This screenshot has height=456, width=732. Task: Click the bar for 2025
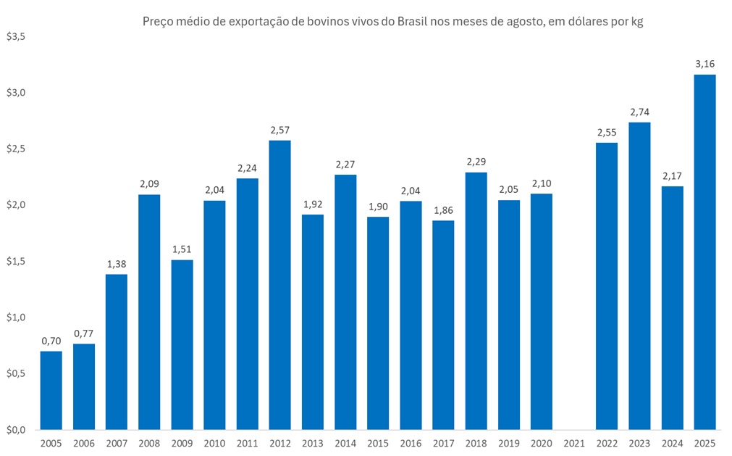704,252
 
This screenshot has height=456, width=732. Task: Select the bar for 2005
51,390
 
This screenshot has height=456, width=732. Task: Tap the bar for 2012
279,284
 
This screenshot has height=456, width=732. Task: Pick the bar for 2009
182,344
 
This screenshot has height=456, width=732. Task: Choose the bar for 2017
443,325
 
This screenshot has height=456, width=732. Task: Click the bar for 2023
639,275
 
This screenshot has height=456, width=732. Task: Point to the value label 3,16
704,65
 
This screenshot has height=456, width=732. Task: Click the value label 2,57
279,130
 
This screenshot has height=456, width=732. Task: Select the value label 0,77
84,333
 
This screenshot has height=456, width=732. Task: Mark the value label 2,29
476,162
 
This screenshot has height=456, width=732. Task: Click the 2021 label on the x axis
574,443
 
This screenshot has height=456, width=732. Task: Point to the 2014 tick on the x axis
345,443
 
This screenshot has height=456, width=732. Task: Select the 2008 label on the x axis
149,443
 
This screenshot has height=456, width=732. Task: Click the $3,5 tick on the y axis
15,36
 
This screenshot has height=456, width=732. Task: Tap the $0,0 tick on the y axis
15,430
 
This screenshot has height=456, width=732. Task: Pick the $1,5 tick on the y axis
15,261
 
